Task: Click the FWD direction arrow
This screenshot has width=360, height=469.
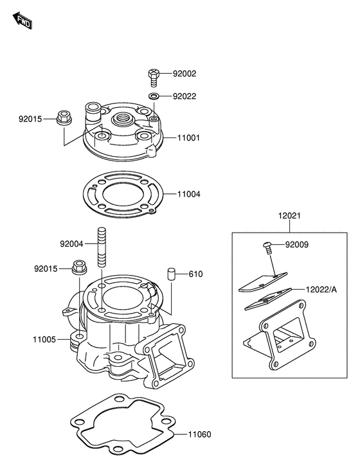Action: pos(22,21)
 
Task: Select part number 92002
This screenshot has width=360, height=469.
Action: pos(184,74)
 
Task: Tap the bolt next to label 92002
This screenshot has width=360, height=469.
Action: pos(154,77)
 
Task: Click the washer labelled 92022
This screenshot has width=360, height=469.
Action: pos(154,96)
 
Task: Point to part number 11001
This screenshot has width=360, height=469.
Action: pos(188,138)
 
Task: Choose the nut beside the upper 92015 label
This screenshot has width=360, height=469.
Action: pos(64,118)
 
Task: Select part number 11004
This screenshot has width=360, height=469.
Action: pos(189,194)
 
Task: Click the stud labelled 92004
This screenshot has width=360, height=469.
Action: pos(102,247)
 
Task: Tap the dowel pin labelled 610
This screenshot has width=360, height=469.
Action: pos(171,274)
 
